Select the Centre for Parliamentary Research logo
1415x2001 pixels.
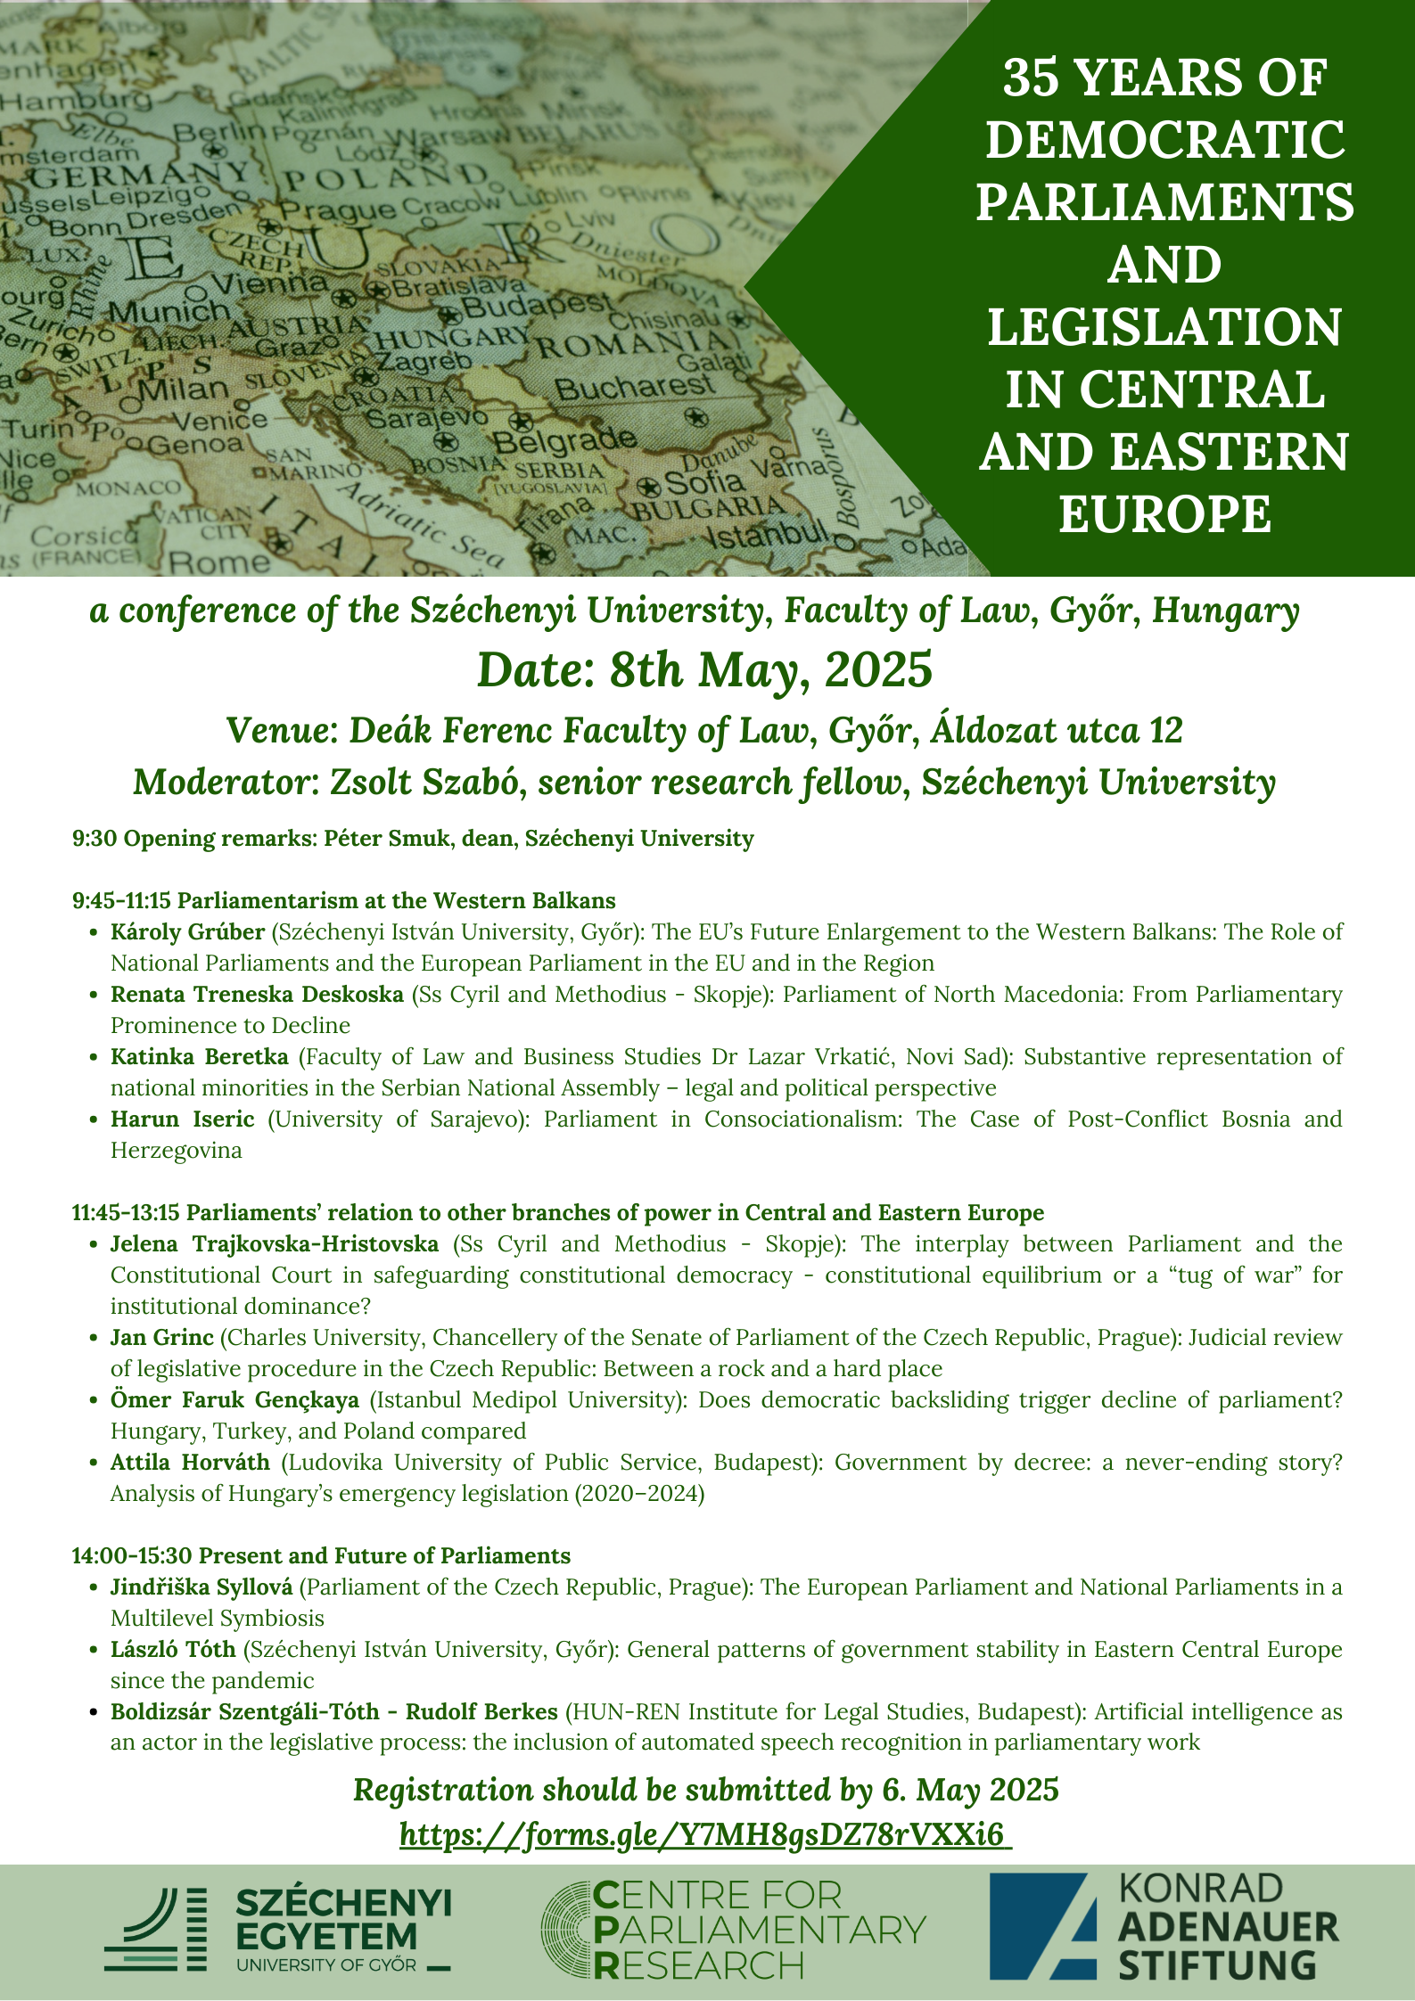(734, 1930)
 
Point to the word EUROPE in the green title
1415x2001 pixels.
(1164, 514)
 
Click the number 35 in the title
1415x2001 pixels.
(1032, 78)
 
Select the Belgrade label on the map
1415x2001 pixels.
(564, 439)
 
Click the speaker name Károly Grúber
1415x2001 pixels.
(187, 931)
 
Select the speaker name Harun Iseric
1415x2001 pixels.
(182, 1119)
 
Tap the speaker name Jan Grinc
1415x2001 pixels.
(161, 1337)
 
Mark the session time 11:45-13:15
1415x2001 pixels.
(126, 1212)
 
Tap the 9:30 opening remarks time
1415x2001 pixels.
(94, 838)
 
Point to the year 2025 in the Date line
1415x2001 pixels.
(878, 670)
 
